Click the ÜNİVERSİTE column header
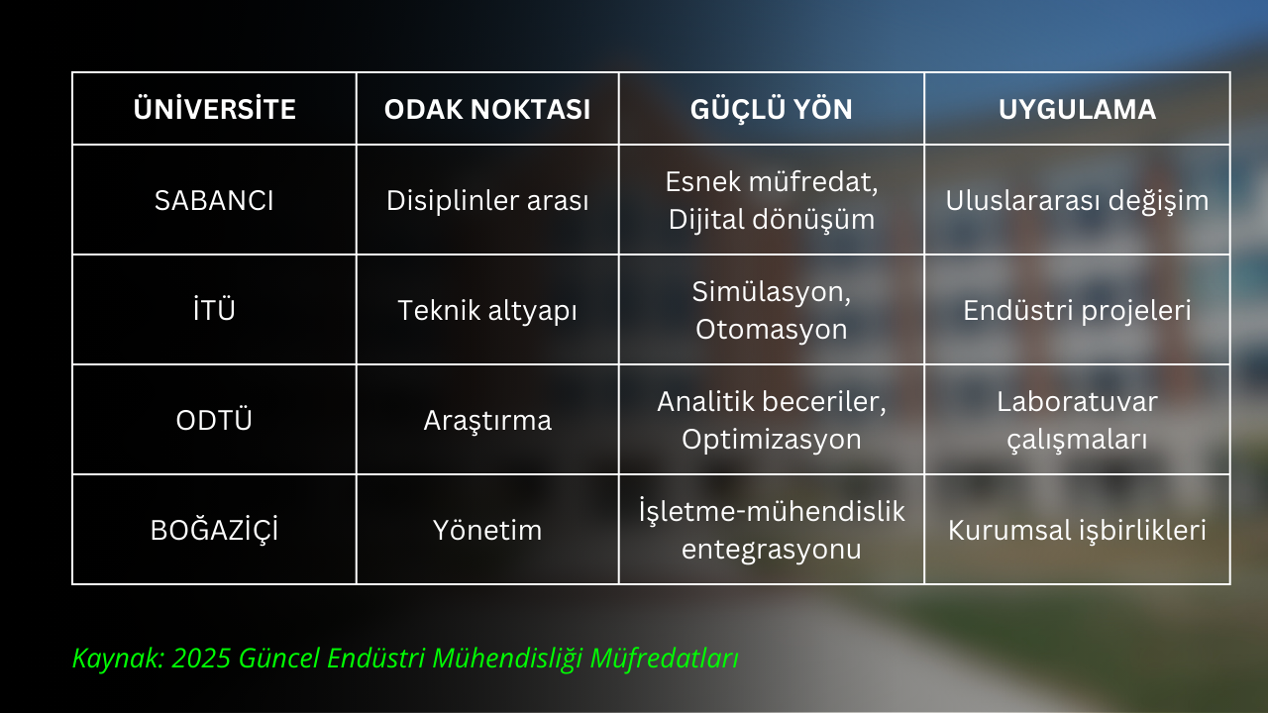click(214, 109)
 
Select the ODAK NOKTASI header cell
click(487, 109)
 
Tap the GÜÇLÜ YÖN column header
click(771, 109)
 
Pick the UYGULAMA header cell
click(1077, 109)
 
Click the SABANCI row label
click(214, 200)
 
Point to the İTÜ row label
click(214, 310)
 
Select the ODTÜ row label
click(214, 420)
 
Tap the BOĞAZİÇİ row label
click(214, 530)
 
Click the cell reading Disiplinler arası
click(487, 200)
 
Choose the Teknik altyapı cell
click(487, 310)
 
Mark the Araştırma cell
click(487, 420)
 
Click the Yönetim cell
click(487, 530)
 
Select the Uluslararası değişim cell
click(1077, 200)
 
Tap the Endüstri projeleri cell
click(1077, 310)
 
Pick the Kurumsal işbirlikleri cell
click(1077, 530)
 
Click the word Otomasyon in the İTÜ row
click(771, 329)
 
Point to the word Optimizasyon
click(771, 439)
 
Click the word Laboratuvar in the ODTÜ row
click(1077, 401)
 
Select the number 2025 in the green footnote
click(201, 659)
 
